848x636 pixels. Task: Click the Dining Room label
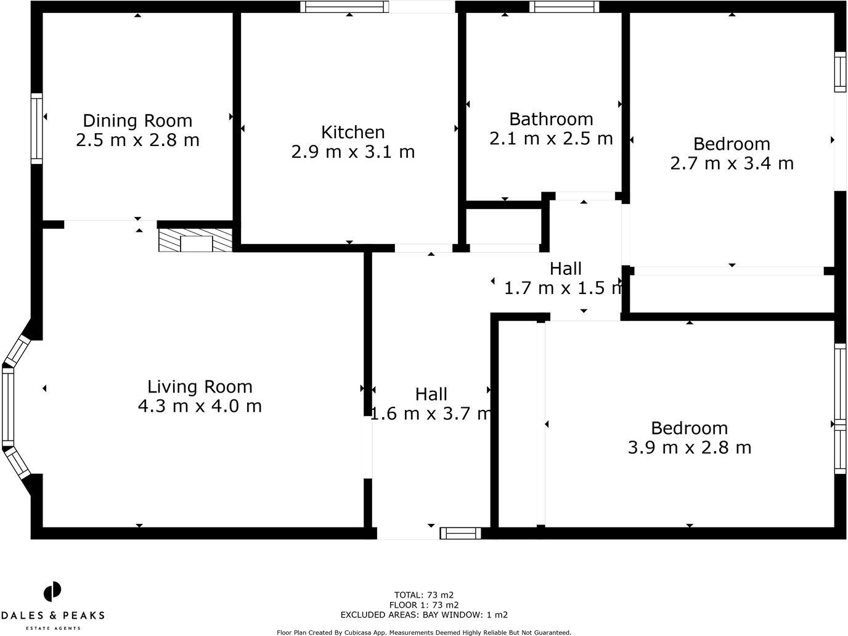tap(137, 120)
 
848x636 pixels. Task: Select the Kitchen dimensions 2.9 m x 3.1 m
tap(353, 152)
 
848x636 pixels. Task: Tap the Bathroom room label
tap(551, 118)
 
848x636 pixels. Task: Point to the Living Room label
tap(200, 386)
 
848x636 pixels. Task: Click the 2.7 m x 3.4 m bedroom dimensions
tap(732, 163)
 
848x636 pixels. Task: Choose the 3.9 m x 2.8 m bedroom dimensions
tap(689, 447)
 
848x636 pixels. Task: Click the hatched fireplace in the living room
tap(195, 240)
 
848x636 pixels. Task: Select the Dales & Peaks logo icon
tap(52, 592)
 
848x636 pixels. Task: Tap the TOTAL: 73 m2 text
tap(423, 595)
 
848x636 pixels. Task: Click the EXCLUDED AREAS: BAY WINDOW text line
tap(423, 614)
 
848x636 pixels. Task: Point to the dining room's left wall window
tap(37, 128)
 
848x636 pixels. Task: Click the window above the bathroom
tap(564, 7)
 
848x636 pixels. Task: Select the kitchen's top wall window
tap(344, 7)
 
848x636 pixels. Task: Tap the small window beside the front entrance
tap(460, 533)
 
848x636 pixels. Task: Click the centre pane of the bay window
tap(8, 407)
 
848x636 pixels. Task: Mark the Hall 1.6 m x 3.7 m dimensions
tap(431, 414)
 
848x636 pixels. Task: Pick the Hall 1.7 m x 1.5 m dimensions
tap(563, 288)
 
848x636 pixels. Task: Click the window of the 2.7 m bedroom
tap(841, 71)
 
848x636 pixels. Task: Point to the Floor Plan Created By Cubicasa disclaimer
tap(423, 632)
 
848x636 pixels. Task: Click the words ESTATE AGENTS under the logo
tap(52, 628)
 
